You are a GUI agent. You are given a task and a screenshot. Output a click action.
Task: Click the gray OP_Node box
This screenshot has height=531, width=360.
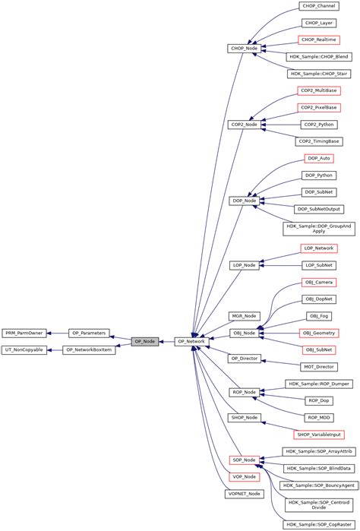[144, 342]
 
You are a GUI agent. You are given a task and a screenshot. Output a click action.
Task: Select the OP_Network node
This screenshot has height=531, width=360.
[191, 342]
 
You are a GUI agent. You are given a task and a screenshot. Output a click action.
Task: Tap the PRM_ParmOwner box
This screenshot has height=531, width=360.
[24, 333]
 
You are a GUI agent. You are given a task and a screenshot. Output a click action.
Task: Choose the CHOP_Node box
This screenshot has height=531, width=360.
[244, 49]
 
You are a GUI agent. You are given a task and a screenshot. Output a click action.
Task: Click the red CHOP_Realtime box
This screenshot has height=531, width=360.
[319, 40]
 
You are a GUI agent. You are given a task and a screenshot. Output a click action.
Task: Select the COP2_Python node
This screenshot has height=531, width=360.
[319, 124]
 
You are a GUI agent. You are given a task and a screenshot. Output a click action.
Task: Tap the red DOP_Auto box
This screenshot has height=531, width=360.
[319, 158]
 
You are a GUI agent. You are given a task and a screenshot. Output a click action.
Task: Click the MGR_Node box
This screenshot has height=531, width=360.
[244, 315]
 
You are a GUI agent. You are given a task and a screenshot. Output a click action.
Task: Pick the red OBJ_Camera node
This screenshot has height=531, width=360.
[319, 282]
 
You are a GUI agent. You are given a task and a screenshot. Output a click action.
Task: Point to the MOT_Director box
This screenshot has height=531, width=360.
[319, 366]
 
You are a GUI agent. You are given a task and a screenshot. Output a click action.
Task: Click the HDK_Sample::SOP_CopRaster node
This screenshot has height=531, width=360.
[319, 524]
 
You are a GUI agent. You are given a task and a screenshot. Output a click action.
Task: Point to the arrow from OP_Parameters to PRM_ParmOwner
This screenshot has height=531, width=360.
[57, 333]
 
